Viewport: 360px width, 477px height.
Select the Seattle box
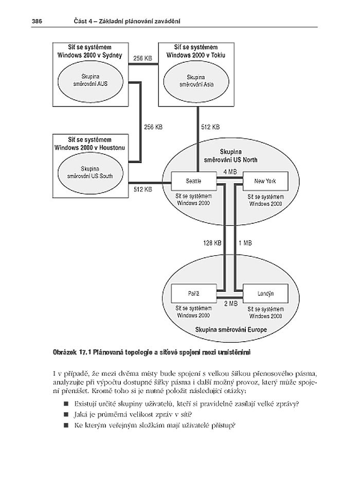(193, 181)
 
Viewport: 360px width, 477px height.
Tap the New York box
(265, 181)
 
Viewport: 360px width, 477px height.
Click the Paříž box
(193, 293)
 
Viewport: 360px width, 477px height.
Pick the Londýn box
(265, 293)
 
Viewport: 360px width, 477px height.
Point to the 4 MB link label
(230, 171)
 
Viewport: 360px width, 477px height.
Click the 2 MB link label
(231, 304)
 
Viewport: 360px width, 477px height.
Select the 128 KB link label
(211, 242)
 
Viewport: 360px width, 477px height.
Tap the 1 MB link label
(245, 242)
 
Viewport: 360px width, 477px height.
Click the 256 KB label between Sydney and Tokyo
(142, 59)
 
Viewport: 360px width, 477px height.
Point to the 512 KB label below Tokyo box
(210, 127)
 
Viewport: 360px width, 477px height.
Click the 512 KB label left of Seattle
(142, 189)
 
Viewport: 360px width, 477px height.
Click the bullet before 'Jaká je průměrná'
(66, 414)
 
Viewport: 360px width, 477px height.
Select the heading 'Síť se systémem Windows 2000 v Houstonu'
(91, 143)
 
